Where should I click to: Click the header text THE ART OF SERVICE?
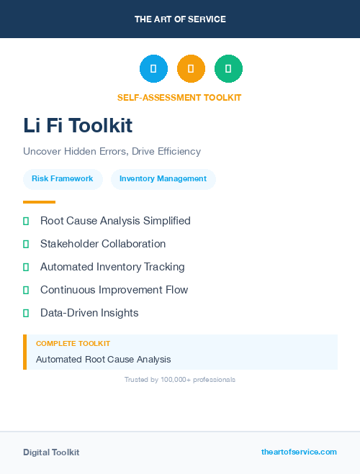pos(180,19)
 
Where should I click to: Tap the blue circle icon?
pos(153,68)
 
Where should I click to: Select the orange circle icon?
pos(191,68)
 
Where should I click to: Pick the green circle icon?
pos(228,68)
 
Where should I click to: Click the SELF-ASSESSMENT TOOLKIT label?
pos(179,97)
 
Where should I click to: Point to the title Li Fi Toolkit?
pos(78,125)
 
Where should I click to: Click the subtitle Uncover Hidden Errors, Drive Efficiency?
pos(112,152)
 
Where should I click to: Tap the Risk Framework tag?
pos(63,179)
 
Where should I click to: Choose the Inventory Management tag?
pos(163,179)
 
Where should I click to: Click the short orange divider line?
pos(39,202)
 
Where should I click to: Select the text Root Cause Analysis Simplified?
pos(115,221)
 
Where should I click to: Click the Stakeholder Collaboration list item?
pos(103,244)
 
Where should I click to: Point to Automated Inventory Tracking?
pos(112,267)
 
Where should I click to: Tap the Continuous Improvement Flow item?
pos(114,290)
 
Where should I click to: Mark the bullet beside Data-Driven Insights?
pos(26,313)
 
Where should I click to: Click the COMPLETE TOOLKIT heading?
pos(73,344)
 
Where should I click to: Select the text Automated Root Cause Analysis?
pos(103,359)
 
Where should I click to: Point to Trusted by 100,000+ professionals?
pos(180,379)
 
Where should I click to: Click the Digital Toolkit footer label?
pos(51,452)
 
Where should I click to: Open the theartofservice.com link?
pos(299,452)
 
